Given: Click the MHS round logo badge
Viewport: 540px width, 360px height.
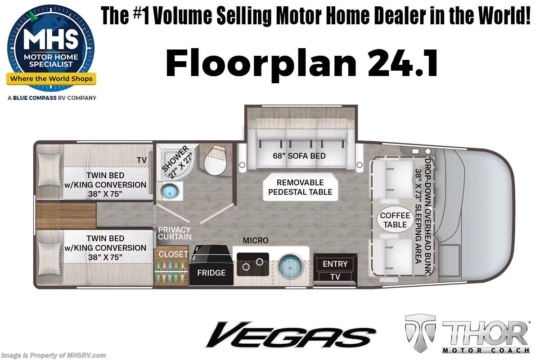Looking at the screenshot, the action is point(51,48).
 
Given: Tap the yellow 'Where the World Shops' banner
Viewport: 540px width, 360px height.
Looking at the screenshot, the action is point(51,79).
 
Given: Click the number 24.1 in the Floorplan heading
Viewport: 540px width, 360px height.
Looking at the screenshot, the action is point(403,63).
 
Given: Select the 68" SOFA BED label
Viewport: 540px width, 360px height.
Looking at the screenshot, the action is point(299,156).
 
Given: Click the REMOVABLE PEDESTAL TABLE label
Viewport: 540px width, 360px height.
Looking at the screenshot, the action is point(300,187).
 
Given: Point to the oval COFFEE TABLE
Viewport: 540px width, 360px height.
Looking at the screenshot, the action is point(395,220).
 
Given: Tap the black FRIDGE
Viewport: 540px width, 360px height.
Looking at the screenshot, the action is point(211,265).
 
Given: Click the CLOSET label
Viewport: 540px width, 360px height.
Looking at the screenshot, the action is point(173,254).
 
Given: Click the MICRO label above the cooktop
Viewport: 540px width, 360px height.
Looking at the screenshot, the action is point(256,240).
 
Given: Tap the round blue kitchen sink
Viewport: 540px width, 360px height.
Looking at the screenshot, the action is point(290,266).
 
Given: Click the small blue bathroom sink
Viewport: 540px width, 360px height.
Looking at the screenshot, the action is point(170,191).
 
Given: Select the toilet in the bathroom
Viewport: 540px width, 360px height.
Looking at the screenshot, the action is point(215,160).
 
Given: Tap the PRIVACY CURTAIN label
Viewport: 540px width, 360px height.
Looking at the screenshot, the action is point(175,233).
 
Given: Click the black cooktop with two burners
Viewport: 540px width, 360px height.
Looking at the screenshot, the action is point(252,264).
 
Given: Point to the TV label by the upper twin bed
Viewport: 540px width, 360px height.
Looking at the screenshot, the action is point(141,160).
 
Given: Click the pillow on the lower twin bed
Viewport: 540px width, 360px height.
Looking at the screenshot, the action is point(49,258).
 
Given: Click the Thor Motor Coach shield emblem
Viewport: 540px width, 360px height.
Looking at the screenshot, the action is point(420,333).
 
